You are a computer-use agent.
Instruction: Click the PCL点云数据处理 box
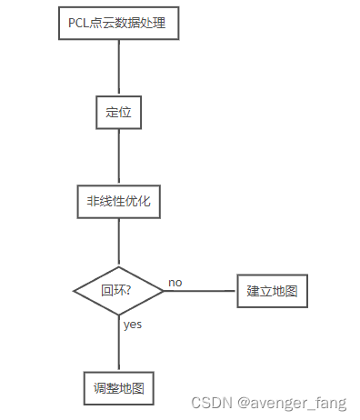pyautogui.click(x=117, y=23)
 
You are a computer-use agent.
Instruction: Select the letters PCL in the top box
pyautogui.click(x=79, y=23)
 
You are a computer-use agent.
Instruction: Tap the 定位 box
pyautogui.click(x=118, y=113)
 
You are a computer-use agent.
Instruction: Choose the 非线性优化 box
pyautogui.click(x=118, y=202)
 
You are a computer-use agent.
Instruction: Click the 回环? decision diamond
pyautogui.click(x=118, y=291)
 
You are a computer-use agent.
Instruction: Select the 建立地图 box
pyautogui.click(x=273, y=292)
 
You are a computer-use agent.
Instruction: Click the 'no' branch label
pyautogui.click(x=175, y=282)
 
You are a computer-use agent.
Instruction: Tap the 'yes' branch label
pyautogui.click(x=133, y=324)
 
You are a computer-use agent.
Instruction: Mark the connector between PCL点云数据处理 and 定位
pyautogui.click(x=118, y=67)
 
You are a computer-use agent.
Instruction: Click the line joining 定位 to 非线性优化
pyautogui.click(x=118, y=156)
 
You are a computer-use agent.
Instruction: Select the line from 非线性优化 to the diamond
pyautogui.click(x=118, y=243)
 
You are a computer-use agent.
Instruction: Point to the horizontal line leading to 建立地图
pyautogui.click(x=200, y=291)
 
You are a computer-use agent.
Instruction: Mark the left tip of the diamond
pyautogui.click(x=74, y=291)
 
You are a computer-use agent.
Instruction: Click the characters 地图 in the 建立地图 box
pyautogui.click(x=285, y=292)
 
